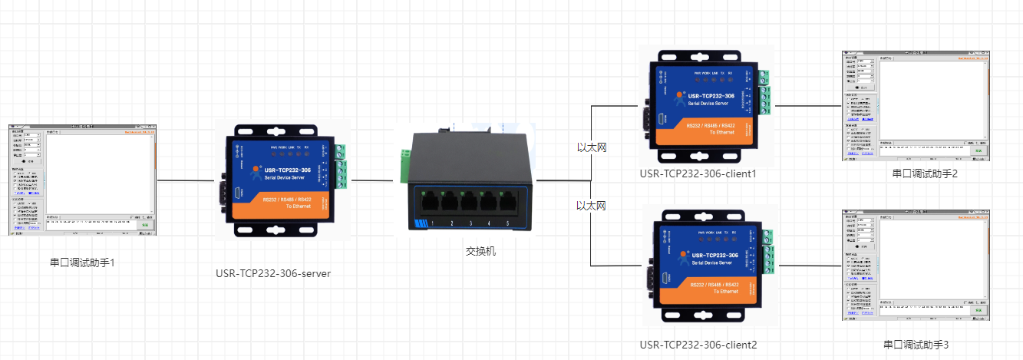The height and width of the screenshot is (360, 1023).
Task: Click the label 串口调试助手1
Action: (x=82, y=263)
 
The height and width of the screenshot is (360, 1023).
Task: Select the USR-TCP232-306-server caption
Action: (x=273, y=273)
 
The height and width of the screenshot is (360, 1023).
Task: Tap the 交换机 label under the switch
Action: (x=481, y=250)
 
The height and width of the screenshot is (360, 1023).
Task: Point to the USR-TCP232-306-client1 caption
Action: (x=698, y=173)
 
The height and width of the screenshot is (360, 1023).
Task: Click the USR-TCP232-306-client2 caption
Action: (x=698, y=345)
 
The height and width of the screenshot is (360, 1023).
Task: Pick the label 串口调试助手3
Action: (x=916, y=345)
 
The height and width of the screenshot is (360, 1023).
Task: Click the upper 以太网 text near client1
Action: (x=592, y=147)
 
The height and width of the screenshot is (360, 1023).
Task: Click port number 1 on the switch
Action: (x=432, y=223)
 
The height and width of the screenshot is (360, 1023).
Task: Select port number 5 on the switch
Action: (x=508, y=223)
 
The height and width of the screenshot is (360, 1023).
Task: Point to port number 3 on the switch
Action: (x=470, y=223)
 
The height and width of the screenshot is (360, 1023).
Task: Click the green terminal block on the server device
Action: (x=340, y=166)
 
